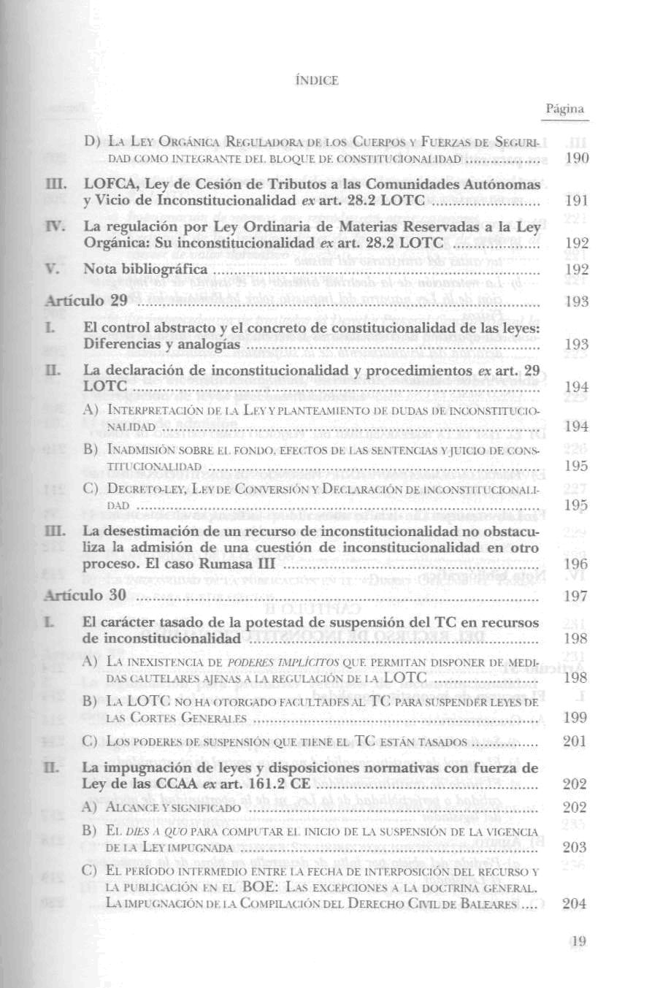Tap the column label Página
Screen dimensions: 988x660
565,109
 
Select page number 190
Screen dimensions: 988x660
576,158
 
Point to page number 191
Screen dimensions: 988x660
576,201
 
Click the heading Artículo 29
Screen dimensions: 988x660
87,301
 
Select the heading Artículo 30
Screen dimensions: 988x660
87,595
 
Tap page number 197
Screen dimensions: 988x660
576,596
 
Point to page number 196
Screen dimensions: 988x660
576,564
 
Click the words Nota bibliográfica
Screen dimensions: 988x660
145,269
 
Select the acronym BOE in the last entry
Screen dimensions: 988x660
258,887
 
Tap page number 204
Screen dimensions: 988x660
575,904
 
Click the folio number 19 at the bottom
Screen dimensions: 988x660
579,942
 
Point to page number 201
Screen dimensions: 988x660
575,742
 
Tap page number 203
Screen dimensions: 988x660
575,848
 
